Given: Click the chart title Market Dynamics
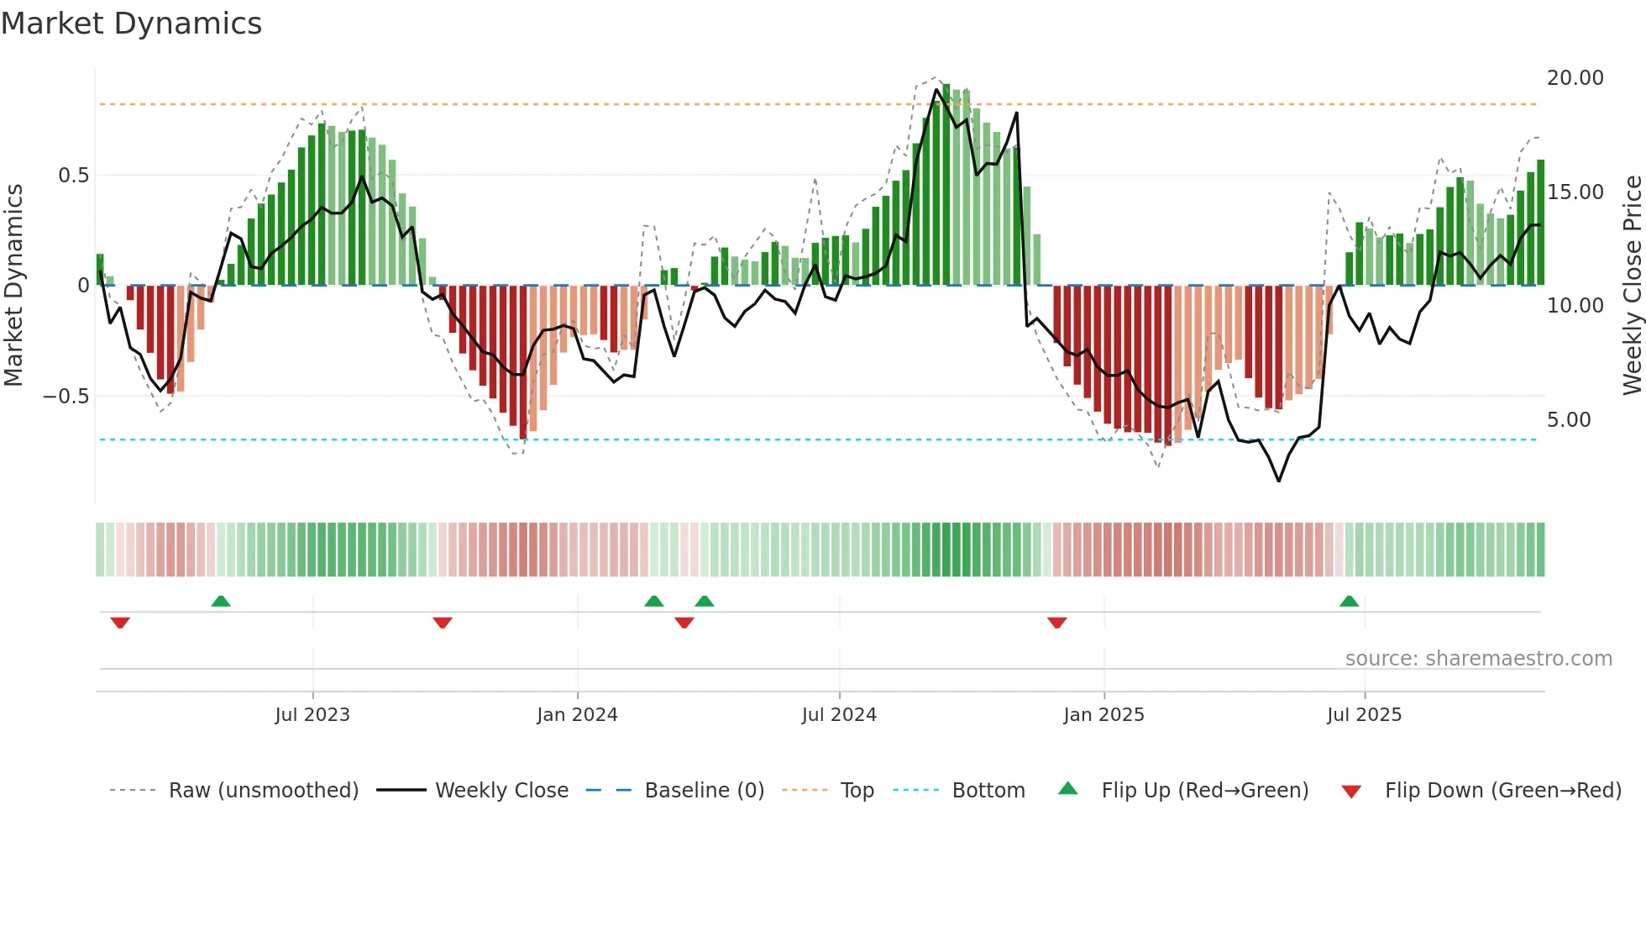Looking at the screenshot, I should pos(132,24).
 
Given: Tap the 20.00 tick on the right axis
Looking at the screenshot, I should pos(1575,78).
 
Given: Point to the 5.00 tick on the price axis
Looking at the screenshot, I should pos(1568,420).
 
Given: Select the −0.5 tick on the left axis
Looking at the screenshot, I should pos(66,397).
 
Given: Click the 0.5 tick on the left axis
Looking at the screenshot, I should pos(73,176).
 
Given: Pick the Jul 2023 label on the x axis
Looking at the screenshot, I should pos(312,715).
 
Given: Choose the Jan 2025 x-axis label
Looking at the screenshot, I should pos(1103,715).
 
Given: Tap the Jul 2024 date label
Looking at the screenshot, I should pos(839,715).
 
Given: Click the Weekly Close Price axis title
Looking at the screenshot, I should pos(1632,286).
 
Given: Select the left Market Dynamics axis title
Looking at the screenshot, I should pos(14,286).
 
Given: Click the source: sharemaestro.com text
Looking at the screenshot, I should pos(1478,659).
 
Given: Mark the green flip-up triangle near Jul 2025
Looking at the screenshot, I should pos(1349,602).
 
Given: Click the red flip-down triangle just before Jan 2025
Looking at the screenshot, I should pos(1057,623).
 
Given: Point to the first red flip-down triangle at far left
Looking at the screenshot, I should pos(120,623).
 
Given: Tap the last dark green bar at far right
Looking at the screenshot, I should pos(1540,223).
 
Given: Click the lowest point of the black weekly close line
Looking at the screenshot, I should pos(1279,481).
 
